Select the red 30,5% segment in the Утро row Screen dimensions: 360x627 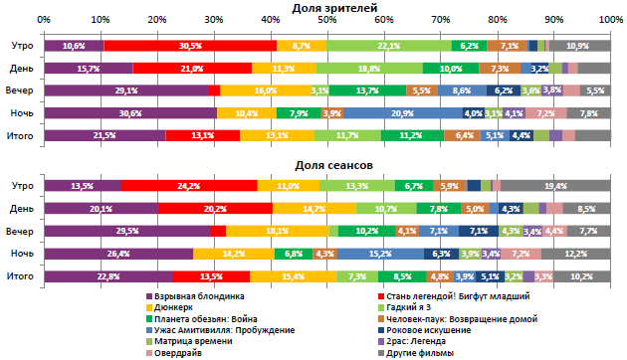[x=190, y=46]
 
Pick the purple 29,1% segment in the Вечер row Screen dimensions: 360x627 [x=126, y=90]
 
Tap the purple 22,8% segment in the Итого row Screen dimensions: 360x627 [x=108, y=275]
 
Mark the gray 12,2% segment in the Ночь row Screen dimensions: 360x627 [x=576, y=253]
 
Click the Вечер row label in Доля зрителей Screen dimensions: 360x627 [x=20, y=90]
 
